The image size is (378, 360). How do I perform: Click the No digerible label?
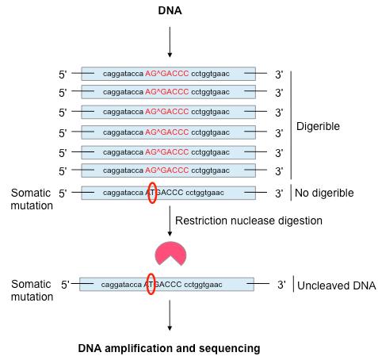[325, 192]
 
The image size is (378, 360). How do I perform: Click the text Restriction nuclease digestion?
[248, 220]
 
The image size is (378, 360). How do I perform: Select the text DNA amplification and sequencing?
[168, 347]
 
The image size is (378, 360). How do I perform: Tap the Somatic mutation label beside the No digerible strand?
[30, 198]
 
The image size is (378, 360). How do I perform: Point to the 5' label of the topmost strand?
[63, 73]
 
